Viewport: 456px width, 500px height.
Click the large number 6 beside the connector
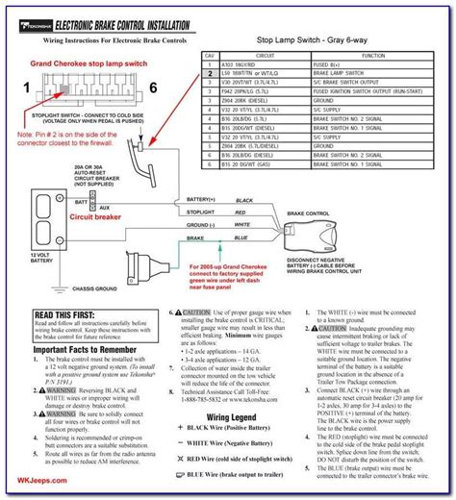pos(152,88)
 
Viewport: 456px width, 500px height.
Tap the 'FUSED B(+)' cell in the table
pos(332,66)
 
